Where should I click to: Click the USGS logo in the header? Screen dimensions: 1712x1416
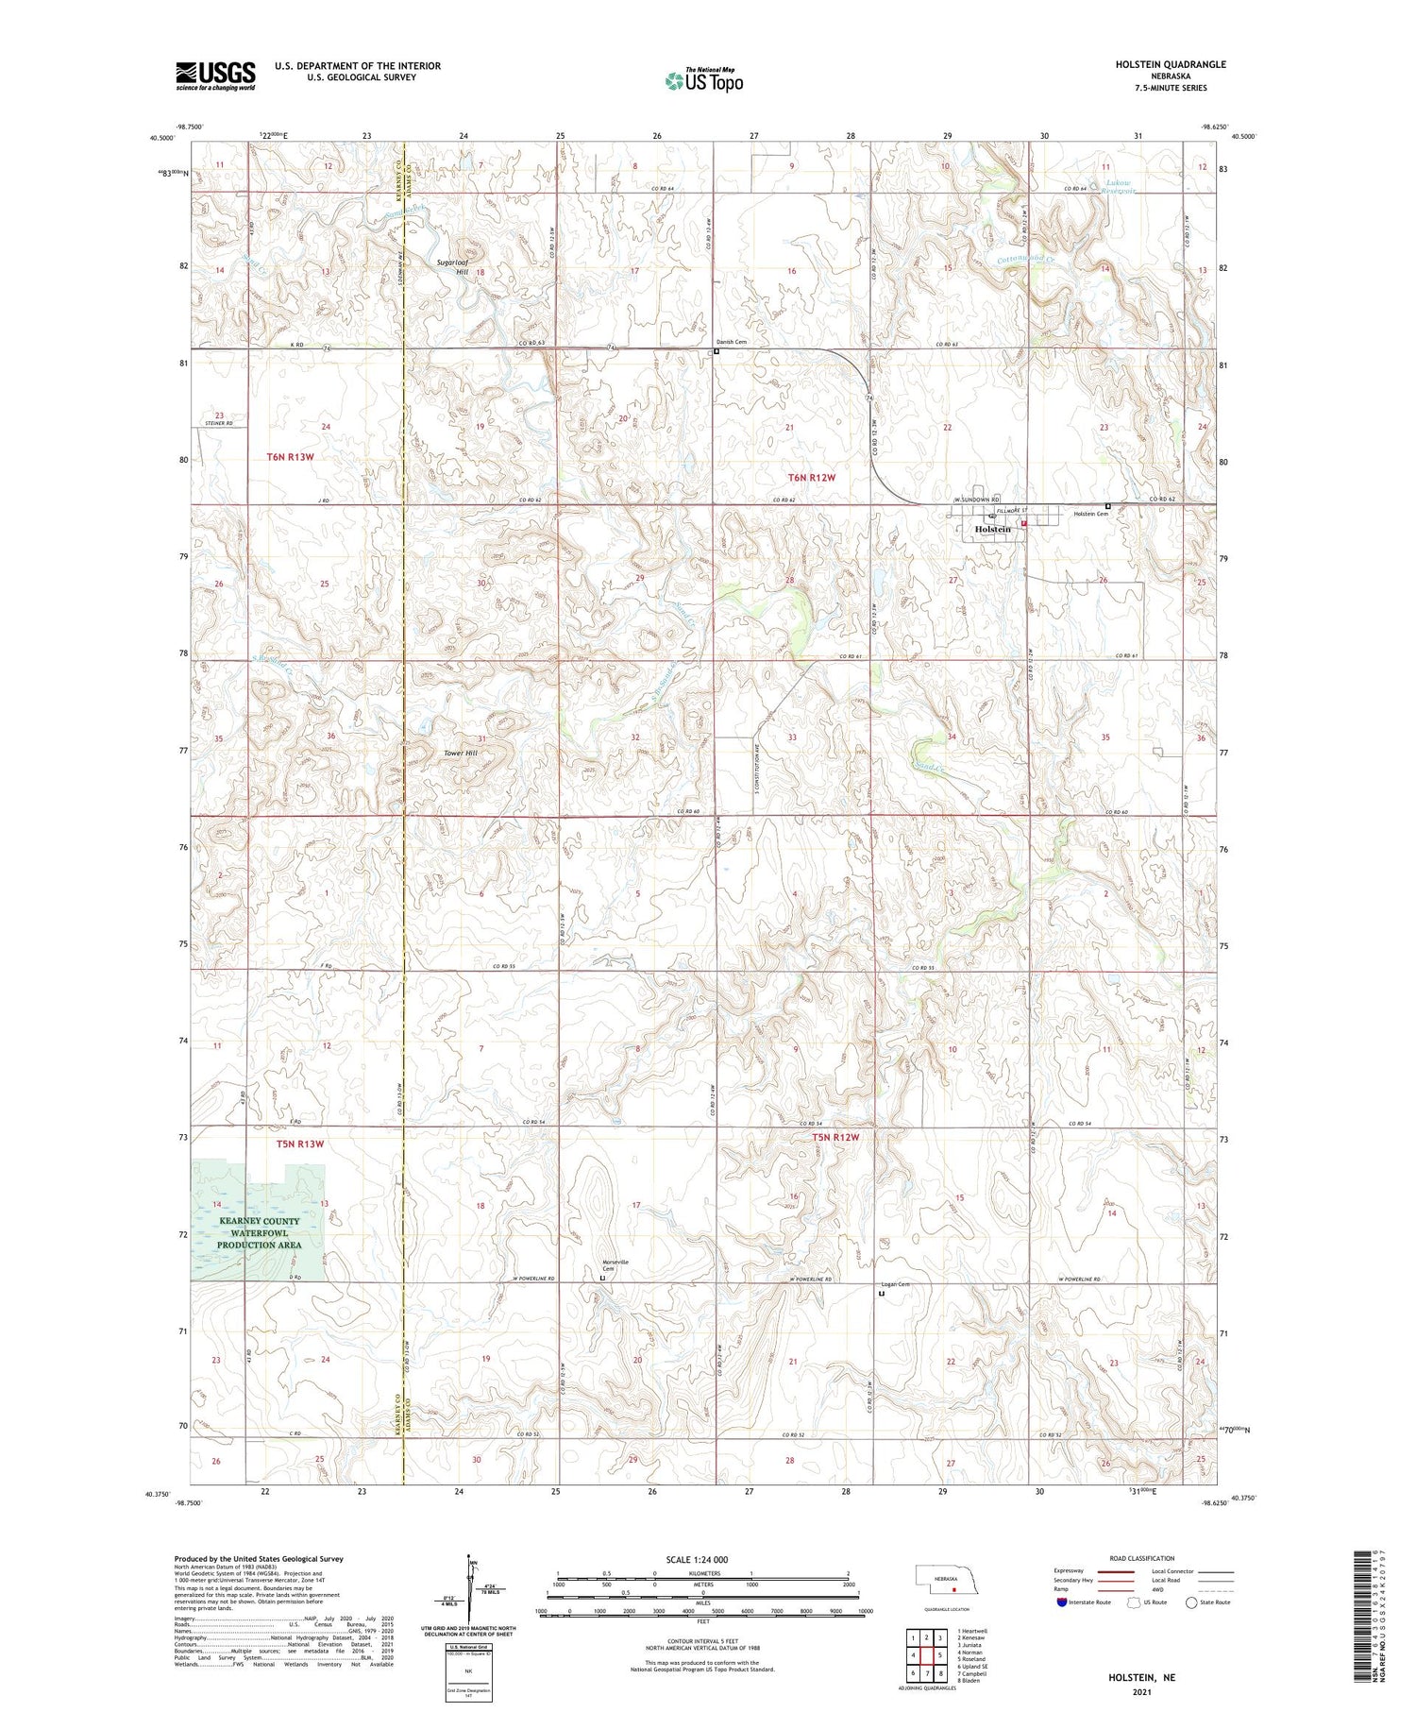click(x=215, y=76)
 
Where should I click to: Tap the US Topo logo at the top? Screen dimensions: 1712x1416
click(x=704, y=81)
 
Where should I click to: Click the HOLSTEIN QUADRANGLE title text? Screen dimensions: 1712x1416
click(x=1171, y=64)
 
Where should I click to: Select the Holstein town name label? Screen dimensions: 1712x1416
click(x=992, y=530)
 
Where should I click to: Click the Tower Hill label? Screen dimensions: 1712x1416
click(x=461, y=754)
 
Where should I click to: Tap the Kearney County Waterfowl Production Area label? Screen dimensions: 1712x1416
click(x=259, y=1232)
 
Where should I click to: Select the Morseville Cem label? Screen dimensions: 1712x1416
click(x=615, y=1265)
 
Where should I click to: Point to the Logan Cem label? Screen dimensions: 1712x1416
click(x=895, y=1284)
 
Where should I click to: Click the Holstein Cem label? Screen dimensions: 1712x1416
click(x=1090, y=514)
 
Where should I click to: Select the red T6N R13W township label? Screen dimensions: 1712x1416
click(x=289, y=457)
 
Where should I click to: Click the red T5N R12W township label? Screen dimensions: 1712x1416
click(x=836, y=1137)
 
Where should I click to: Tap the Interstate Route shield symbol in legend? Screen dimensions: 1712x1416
click(x=1061, y=1602)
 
